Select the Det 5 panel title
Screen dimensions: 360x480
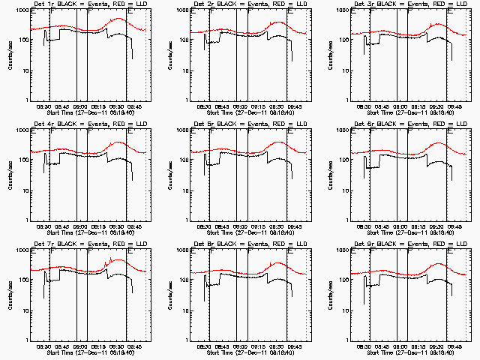pos(250,123)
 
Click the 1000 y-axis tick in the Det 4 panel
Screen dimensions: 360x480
pos(22,130)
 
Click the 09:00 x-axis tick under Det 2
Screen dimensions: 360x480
pos(241,106)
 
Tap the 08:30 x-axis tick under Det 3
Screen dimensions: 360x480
pos(365,106)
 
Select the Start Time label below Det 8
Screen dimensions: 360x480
pos(250,352)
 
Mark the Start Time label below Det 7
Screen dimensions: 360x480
pos(88,352)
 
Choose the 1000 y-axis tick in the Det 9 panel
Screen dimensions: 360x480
pos(344,250)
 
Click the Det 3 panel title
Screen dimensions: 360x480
pos(409,4)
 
